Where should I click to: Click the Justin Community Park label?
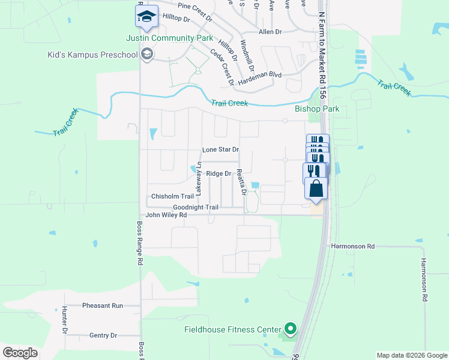[169, 38]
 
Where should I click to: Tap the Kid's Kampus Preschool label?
[92, 55]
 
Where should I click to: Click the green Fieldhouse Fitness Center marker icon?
[291, 328]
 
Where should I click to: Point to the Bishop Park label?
[317, 109]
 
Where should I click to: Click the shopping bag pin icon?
[316, 188]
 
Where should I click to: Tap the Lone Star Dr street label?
[220, 149]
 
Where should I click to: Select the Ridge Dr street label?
[218, 173]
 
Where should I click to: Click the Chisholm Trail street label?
[172, 196]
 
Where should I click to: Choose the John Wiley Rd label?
[162, 214]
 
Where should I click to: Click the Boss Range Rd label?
[139, 244]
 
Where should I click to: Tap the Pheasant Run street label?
[103, 305]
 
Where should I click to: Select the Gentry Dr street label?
[103, 335]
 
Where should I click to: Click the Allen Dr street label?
[270, 32]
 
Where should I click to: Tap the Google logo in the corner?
[20, 353]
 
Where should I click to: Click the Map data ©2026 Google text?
[411, 355]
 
